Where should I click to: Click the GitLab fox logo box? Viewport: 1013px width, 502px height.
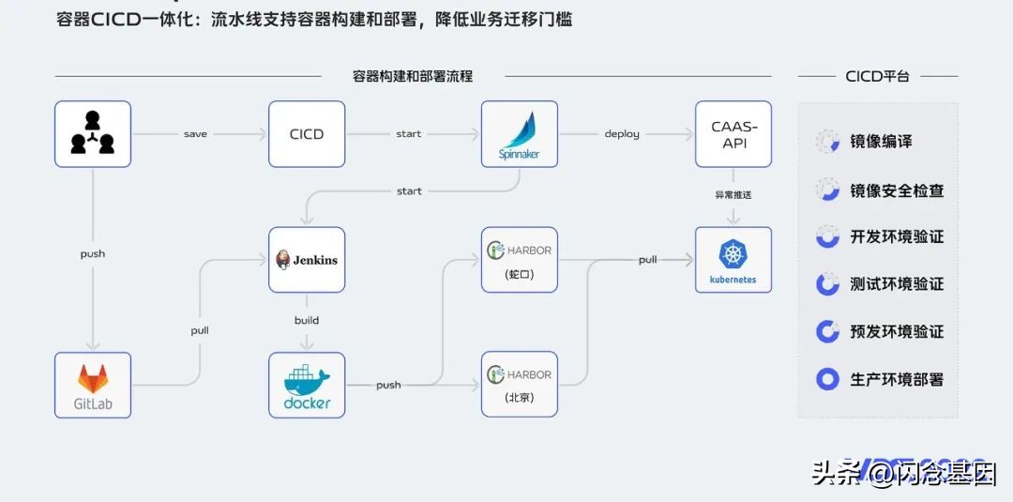click(x=93, y=385)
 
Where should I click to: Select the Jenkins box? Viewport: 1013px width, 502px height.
click(x=307, y=260)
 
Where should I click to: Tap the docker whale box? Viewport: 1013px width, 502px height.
click(x=307, y=385)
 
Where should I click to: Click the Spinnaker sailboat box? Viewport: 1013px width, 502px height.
click(x=519, y=134)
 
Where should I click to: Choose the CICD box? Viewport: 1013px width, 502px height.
click(x=307, y=134)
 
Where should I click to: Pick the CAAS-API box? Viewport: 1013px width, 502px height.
click(x=733, y=134)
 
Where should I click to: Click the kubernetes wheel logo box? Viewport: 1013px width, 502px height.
click(x=733, y=260)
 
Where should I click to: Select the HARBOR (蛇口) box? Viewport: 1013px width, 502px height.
click(x=519, y=260)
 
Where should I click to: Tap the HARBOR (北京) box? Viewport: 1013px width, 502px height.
click(x=519, y=385)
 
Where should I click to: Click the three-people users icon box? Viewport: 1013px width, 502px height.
click(x=93, y=134)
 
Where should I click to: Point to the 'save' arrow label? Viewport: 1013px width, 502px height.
click(x=195, y=134)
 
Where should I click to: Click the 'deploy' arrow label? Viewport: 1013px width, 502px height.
click(x=622, y=134)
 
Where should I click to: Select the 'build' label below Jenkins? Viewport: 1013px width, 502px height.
click(x=307, y=320)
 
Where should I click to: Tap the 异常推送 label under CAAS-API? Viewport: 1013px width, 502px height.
click(x=733, y=195)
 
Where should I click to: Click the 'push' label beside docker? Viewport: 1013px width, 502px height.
click(x=388, y=385)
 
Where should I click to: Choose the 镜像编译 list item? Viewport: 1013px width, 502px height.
click(x=881, y=142)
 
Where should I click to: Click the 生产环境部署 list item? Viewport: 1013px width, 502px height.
click(x=896, y=380)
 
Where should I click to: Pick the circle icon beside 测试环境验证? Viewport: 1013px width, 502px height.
click(x=827, y=284)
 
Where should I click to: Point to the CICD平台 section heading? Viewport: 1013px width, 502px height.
click(x=877, y=76)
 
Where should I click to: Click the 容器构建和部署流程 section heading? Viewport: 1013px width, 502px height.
click(x=413, y=76)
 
